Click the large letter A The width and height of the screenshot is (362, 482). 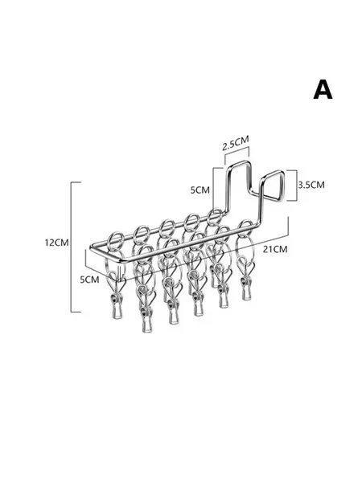click(x=323, y=89)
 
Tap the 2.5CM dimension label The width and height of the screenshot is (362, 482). click(x=236, y=143)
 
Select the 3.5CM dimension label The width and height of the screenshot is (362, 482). click(x=311, y=185)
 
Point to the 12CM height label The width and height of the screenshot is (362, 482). click(x=56, y=243)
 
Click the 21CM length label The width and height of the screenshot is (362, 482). click(x=275, y=249)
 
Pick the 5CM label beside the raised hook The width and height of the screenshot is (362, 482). click(x=200, y=190)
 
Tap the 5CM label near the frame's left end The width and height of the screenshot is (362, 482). click(x=89, y=280)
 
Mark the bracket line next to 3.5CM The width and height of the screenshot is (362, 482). click(x=297, y=186)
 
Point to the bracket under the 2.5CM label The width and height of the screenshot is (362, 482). click(x=237, y=154)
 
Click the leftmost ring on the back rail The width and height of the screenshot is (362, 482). click(x=117, y=241)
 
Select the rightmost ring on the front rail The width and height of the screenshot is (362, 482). click(x=245, y=228)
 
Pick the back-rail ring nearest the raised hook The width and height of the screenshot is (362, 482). click(x=215, y=217)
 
